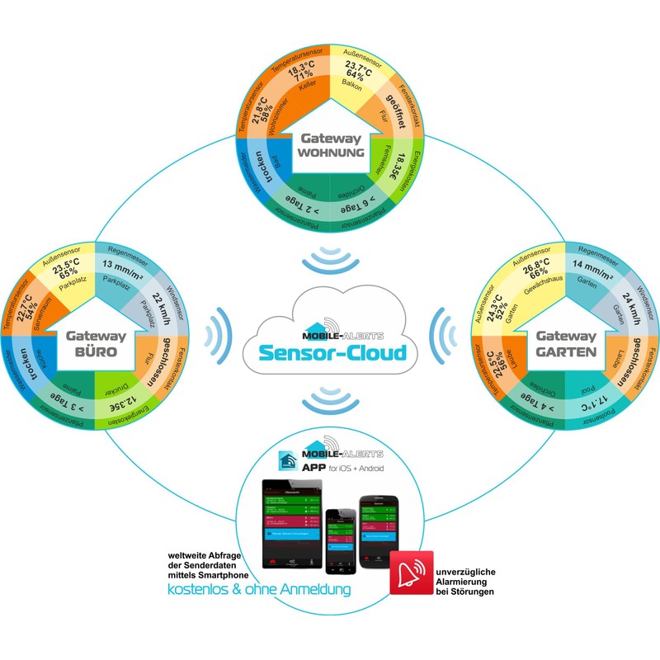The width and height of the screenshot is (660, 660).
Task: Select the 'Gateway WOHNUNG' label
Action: point(329,148)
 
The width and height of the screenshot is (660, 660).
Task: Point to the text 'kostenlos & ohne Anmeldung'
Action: point(258,590)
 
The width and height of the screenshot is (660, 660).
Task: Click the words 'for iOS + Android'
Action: point(361,468)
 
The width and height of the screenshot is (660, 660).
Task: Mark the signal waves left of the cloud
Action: point(224,333)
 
